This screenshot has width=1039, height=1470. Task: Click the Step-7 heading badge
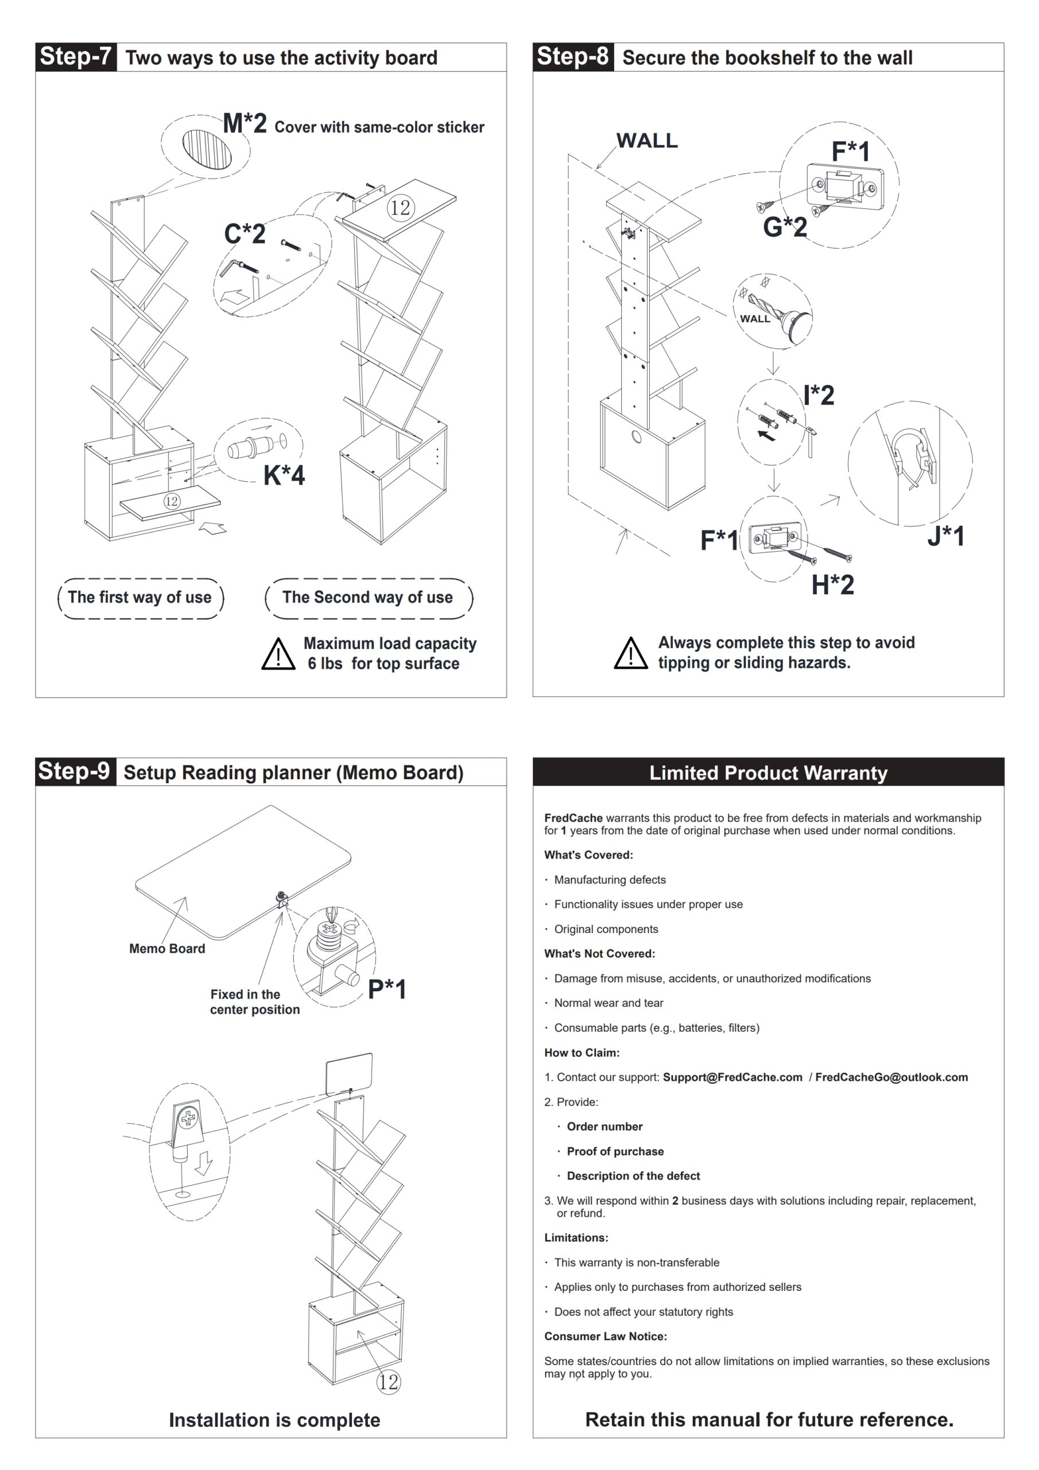click(x=76, y=56)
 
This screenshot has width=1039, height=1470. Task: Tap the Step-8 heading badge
click(x=572, y=56)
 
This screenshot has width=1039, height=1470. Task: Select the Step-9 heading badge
click(x=75, y=771)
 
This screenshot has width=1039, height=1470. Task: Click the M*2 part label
click(x=245, y=123)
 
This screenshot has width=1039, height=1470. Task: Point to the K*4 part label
click(x=284, y=475)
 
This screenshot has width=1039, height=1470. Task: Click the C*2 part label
click(x=245, y=234)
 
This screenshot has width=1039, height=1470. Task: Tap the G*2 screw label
click(x=785, y=227)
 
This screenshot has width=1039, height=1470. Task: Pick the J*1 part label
click(x=945, y=536)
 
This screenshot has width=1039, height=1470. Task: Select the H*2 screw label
click(x=832, y=585)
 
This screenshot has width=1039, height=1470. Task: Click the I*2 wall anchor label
click(x=819, y=395)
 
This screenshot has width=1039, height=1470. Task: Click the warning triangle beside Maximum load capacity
click(x=278, y=655)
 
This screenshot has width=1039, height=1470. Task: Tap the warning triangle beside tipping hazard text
click(x=630, y=653)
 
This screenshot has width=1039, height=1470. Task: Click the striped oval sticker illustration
click(x=207, y=149)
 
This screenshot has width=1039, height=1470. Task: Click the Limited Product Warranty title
click(x=768, y=773)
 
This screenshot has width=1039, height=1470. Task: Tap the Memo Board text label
click(x=167, y=948)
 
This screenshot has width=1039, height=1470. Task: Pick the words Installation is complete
click(x=274, y=1419)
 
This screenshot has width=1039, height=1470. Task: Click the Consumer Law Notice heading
click(x=605, y=1336)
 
